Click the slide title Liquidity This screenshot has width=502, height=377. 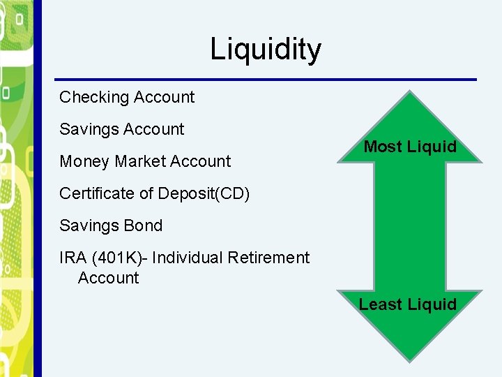coord(266,50)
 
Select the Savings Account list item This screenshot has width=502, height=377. coord(122,129)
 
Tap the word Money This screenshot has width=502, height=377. coord(84,161)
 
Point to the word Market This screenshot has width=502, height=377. coord(140,161)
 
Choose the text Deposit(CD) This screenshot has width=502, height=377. coord(204,193)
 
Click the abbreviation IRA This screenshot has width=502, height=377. coord(73,258)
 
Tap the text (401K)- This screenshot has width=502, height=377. coord(119,258)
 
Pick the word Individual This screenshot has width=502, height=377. coord(185,258)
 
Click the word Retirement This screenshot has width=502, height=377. coord(267,258)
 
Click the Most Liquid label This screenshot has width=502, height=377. coord(410,147)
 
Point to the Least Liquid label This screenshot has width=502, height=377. coord(408,304)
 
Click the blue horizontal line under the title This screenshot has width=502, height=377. coord(265,79)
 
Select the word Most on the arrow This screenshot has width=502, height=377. coord(383,147)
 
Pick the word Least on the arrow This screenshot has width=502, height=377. coord(380,304)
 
